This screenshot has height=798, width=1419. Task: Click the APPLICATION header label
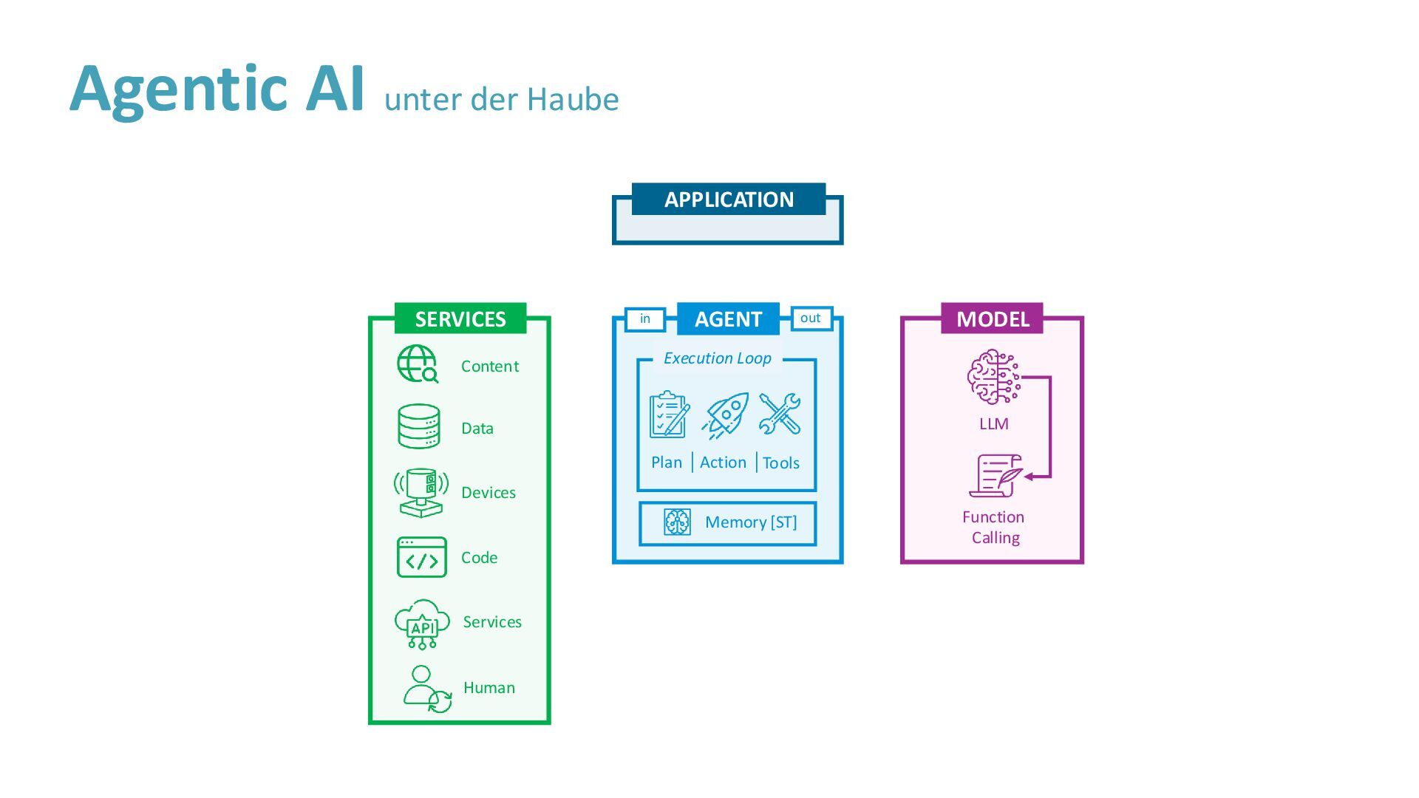click(x=729, y=199)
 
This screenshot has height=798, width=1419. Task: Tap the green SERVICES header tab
click(x=460, y=318)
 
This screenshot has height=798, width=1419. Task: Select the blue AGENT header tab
click(x=728, y=318)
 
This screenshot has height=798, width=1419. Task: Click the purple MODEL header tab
click(x=992, y=318)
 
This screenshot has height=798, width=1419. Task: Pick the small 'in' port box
click(x=645, y=318)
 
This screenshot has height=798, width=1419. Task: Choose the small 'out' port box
click(x=811, y=318)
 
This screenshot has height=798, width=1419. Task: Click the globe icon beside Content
click(x=418, y=364)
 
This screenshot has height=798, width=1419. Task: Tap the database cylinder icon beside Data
click(x=419, y=426)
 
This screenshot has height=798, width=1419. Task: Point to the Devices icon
click(x=421, y=492)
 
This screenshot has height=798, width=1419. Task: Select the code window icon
click(x=421, y=557)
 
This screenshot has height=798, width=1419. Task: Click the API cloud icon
click(x=422, y=624)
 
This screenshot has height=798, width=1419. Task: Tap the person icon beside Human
click(x=426, y=689)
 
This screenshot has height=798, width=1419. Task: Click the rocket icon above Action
click(x=725, y=415)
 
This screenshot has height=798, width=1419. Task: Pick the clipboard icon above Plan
click(x=669, y=415)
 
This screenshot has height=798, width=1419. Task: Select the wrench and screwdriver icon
click(x=780, y=414)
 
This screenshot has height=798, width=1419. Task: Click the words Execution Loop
click(x=717, y=358)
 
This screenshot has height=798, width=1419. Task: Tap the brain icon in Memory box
click(x=677, y=522)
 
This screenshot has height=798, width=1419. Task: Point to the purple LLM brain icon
click(x=993, y=377)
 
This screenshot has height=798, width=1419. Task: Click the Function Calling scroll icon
click(x=996, y=476)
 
